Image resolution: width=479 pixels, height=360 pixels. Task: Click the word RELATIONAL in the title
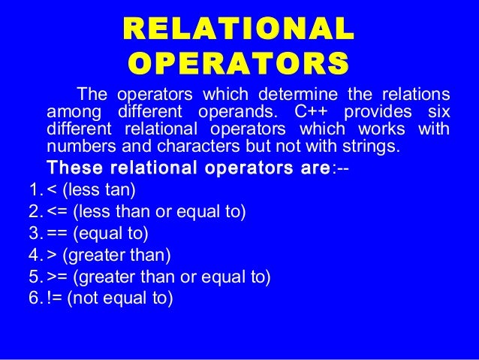[x=237, y=31]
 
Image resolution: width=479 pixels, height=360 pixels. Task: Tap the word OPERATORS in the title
[x=237, y=65]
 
